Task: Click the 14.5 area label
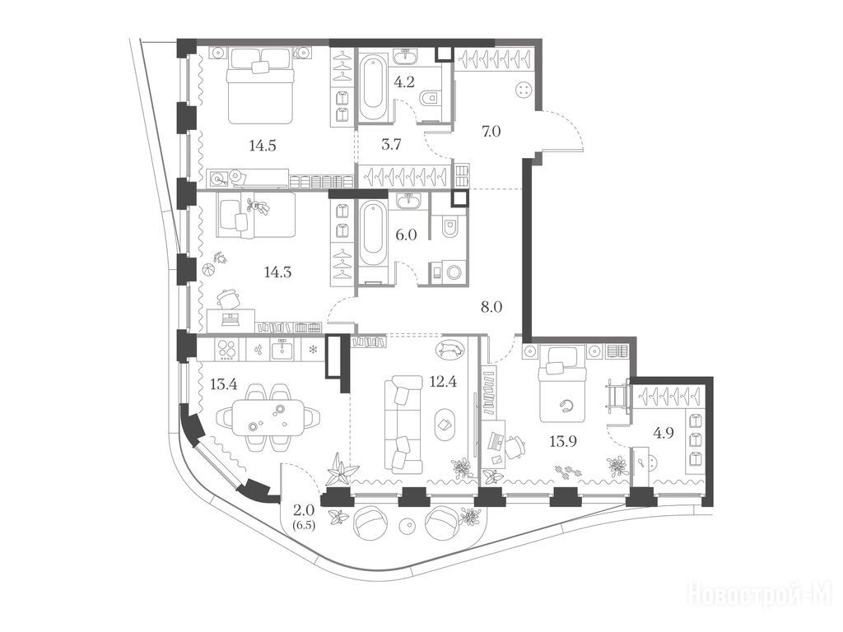click(263, 145)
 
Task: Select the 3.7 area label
click(391, 144)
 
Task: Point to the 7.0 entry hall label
click(491, 131)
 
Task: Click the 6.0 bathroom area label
click(407, 235)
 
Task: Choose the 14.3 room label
click(277, 272)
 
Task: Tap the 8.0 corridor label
click(492, 308)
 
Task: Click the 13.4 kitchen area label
click(223, 384)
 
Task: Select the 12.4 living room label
click(444, 382)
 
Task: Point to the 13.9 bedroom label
click(563, 442)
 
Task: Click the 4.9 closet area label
click(664, 433)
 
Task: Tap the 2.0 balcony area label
click(304, 510)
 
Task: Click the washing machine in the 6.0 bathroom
click(448, 272)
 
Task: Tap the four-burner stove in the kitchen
click(227, 350)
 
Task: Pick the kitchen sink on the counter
click(282, 349)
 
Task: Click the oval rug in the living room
click(445, 425)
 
